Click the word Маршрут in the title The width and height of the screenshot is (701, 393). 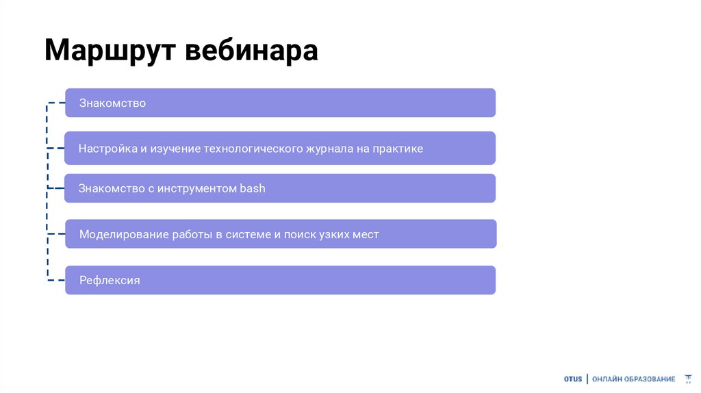(x=109, y=51)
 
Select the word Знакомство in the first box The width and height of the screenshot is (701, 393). (x=112, y=103)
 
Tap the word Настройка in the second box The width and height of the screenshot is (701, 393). (x=108, y=149)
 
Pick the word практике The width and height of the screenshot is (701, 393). (x=398, y=149)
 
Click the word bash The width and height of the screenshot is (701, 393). (x=252, y=188)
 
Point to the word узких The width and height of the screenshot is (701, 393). (x=333, y=234)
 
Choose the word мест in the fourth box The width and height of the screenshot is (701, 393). (x=366, y=234)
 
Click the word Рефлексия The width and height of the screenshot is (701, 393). (x=110, y=280)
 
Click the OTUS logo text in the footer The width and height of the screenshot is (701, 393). (x=573, y=379)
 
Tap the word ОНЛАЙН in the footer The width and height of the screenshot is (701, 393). (x=607, y=379)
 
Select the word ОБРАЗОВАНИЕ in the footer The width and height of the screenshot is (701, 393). (x=650, y=379)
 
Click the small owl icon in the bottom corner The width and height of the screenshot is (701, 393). (x=688, y=379)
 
